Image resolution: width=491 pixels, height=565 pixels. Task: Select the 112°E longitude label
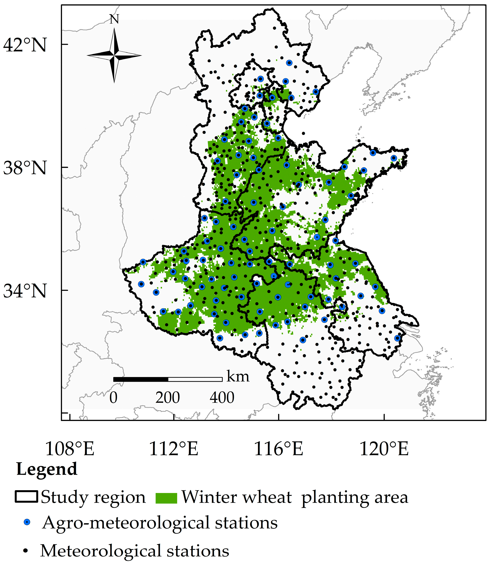pos(173,449)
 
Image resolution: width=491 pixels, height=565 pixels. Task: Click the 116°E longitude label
pos(279,449)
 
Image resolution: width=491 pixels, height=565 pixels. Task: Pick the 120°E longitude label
pos(384,449)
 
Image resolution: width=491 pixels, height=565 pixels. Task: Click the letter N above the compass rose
pos(114,19)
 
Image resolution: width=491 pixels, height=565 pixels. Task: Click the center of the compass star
pos(114,55)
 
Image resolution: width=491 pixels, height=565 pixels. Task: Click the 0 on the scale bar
pos(113,398)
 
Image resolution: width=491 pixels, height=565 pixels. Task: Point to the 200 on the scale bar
pos(168,398)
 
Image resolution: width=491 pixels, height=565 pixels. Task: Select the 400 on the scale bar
pos(222,398)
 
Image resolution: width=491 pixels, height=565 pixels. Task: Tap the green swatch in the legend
pos(166,498)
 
